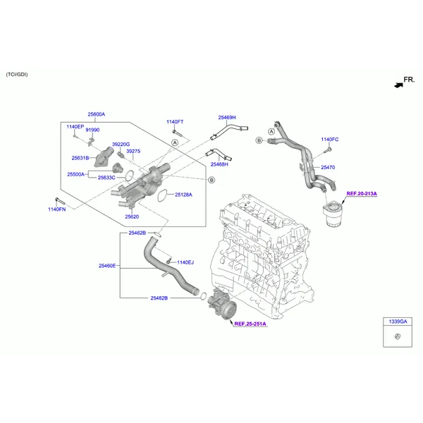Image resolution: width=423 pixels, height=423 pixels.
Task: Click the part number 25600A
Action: [x=97, y=114]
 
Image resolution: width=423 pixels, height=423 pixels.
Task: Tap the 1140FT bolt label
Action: [x=175, y=122]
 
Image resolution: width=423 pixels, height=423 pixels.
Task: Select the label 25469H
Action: [x=227, y=117]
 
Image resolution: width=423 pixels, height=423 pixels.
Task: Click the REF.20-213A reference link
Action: [x=362, y=193]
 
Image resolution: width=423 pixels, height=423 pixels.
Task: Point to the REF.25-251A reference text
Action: [x=250, y=324]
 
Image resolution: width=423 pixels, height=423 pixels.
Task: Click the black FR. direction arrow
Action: [x=398, y=85]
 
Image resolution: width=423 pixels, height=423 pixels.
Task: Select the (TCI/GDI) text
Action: [x=17, y=75]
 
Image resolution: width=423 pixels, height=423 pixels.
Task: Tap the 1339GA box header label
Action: [x=398, y=321]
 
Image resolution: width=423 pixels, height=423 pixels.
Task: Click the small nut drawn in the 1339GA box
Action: [x=398, y=336]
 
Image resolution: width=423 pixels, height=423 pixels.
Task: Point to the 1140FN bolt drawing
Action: [x=60, y=201]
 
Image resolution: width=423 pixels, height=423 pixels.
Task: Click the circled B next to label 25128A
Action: [x=211, y=180]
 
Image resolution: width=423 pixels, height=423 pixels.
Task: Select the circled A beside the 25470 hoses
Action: [x=271, y=131]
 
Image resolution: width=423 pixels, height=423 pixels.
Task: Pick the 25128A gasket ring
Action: [x=161, y=195]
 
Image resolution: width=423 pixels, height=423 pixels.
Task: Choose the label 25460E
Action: [x=107, y=266]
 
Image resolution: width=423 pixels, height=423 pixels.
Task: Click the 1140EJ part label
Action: [x=185, y=262]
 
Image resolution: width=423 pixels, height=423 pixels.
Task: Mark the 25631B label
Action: [x=80, y=158]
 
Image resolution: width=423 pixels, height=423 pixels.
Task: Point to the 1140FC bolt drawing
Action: [x=328, y=149]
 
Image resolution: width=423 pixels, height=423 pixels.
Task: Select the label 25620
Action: [x=132, y=216]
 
